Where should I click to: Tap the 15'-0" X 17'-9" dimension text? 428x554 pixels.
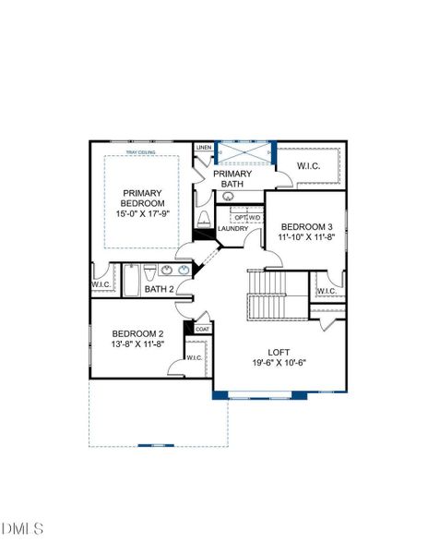coord(143,214)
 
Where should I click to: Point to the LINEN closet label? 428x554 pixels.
coord(204,148)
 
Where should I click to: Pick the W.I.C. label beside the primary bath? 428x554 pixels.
coord(308,165)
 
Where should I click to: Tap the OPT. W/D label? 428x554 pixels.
coord(246,217)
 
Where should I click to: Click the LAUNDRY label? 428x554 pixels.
coord(232,228)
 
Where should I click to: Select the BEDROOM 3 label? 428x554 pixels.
coord(305,226)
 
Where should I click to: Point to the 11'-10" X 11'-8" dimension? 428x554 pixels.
coord(305,237)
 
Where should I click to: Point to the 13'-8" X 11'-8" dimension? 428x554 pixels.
coord(137,344)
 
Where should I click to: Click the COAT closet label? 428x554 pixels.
coord(202,329)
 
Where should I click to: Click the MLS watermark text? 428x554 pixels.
coord(23,529)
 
